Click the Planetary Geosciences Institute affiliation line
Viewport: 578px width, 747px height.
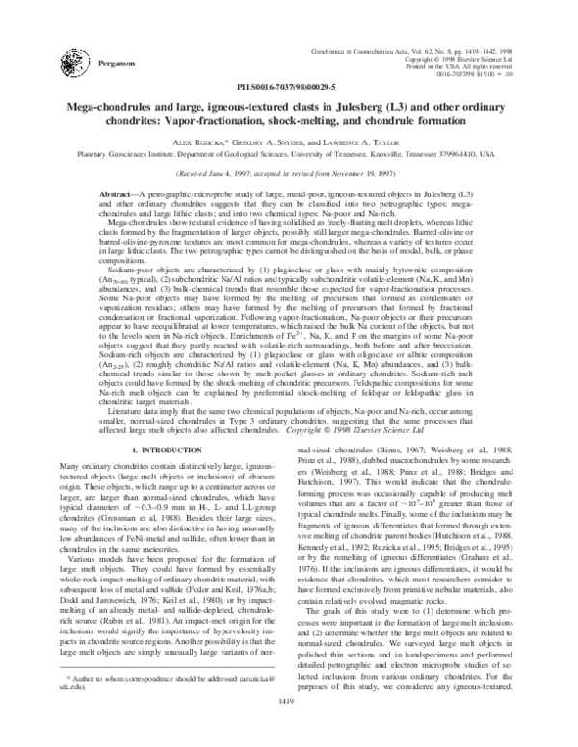[x=289, y=152]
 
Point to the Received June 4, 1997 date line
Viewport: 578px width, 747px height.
[x=289, y=175]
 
